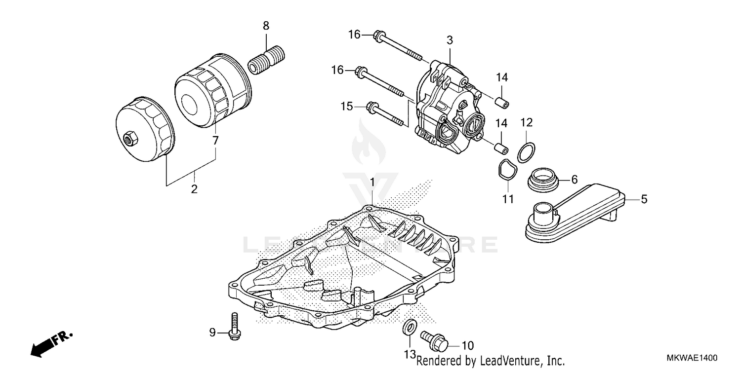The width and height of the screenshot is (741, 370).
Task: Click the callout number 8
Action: (266, 25)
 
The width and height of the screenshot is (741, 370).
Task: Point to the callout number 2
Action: (194, 188)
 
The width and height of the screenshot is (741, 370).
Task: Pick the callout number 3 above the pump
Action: (450, 39)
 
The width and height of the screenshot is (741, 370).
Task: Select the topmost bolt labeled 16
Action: (398, 47)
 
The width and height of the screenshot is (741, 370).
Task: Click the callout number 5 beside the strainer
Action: (644, 199)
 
